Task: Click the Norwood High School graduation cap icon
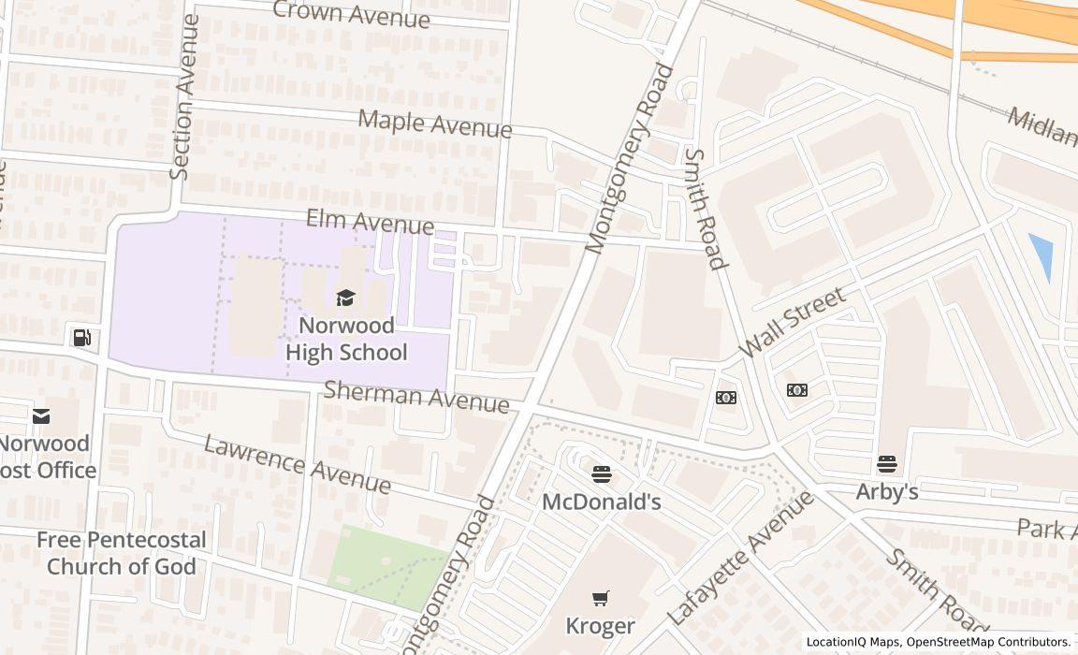345,298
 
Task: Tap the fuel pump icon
82,338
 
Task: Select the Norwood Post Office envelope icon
41,416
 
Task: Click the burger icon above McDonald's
602,474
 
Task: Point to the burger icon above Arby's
886,463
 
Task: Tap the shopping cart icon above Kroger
601,598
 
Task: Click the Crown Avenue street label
351,14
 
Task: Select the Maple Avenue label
435,124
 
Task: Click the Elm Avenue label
370,224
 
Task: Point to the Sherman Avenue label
416,397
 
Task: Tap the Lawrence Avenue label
298,463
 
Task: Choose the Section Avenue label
184,96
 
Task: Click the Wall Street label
792,322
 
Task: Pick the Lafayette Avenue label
740,559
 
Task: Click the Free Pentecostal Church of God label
121,553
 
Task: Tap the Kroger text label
600,625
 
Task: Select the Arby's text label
886,491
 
